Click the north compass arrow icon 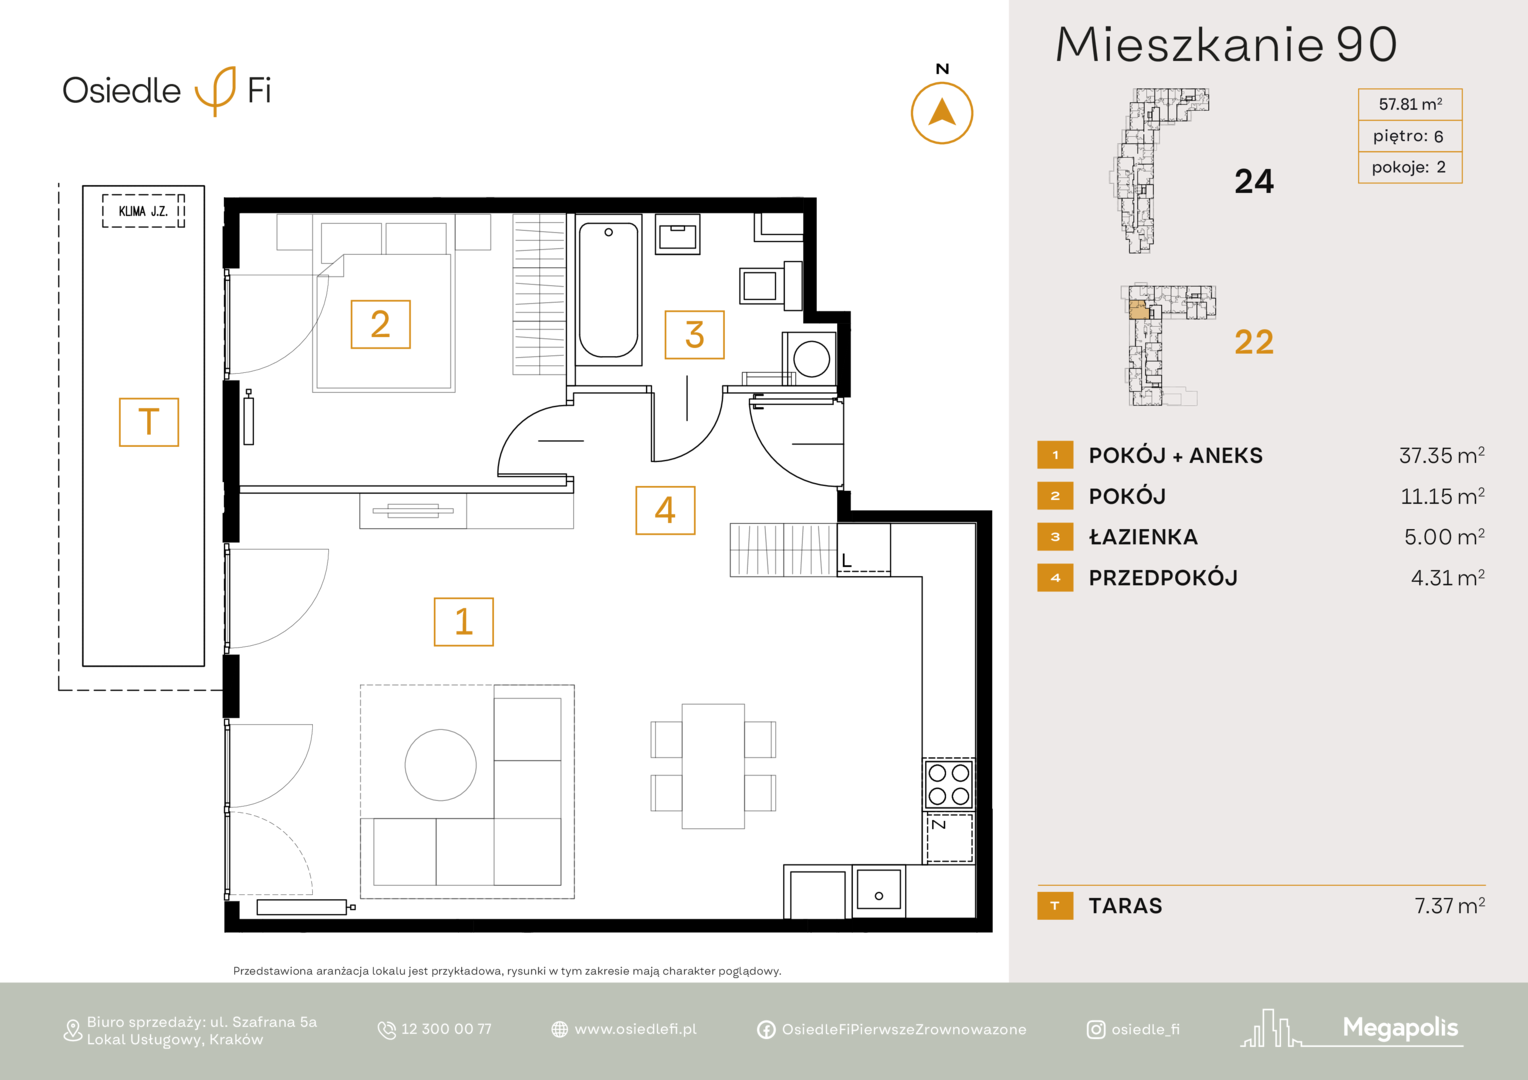(x=942, y=113)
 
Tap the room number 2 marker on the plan (x=381, y=324)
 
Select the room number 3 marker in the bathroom (x=694, y=335)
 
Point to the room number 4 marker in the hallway (x=665, y=510)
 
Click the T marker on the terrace (x=149, y=422)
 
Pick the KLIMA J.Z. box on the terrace (x=143, y=211)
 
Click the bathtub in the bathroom (x=608, y=290)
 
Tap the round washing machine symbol (x=811, y=359)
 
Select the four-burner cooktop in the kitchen (x=949, y=784)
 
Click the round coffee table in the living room (x=441, y=765)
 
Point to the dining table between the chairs (x=713, y=766)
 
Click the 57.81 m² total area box (x=1410, y=104)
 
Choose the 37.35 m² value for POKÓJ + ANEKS (x=1441, y=455)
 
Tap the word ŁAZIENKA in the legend (x=1143, y=538)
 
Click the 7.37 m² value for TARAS (x=1450, y=905)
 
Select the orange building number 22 (x=1254, y=342)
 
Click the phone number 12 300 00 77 (x=446, y=1029)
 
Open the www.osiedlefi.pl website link (x=635, y=1029)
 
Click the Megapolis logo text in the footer (x=1400, y=1027)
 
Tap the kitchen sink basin (x=879, y=889)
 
